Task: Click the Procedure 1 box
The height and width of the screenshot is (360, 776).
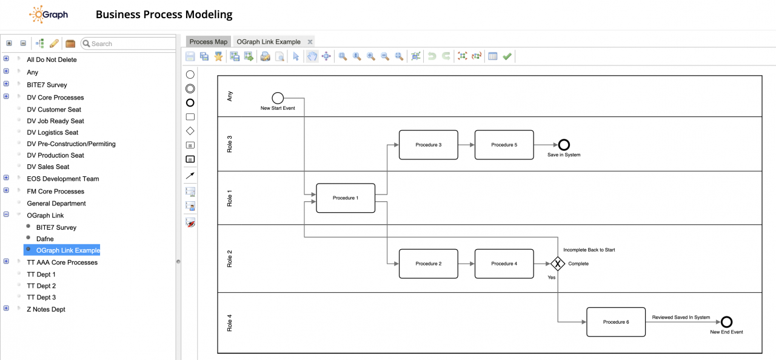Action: (x=346, y=198)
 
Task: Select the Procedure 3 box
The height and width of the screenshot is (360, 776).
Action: (x=428, y=145)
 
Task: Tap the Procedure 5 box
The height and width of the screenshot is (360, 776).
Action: (x=504, y=145)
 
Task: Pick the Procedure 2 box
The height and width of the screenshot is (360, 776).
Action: (x=428, y=264)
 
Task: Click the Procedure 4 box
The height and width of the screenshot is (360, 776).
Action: (x=504, y=264)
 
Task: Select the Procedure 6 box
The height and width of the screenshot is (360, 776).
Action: (x=615, y=322)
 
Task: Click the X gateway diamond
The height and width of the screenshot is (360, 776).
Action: (x=558, y=264)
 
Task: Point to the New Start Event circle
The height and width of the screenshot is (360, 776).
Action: (x=278, y=98)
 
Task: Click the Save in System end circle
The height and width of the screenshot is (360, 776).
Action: (x=564, y=145)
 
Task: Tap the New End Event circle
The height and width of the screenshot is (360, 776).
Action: (x=726, y=322)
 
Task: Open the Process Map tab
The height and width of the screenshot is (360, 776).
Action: (x=208, y=42)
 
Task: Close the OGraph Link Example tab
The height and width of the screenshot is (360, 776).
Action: (x=310, y=42)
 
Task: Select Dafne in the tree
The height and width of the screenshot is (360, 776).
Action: (x=45, y=239)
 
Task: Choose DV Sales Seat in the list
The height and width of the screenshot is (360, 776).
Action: (x=48, y=167)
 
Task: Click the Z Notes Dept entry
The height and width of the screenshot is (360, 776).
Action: (x=46, y=309)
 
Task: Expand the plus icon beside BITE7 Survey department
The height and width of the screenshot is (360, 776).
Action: (x=6, y=84)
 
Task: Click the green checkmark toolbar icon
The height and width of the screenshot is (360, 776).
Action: (x=507, y=56)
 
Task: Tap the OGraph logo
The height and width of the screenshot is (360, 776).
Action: (x=48, y=15)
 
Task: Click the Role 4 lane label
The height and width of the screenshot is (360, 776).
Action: (x=229, y=322)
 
